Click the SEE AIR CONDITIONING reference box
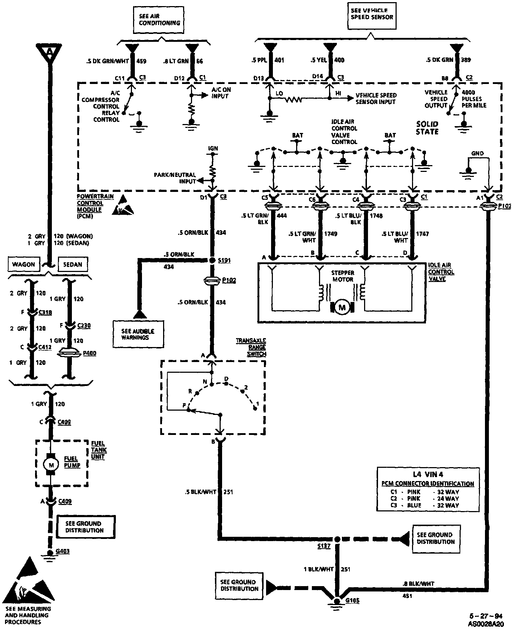pos(159,20)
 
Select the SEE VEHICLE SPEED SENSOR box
pos(372,14)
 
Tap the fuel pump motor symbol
pos(51,464)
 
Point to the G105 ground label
pos(352,600)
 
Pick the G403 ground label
pos(63,551)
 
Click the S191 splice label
pos(224,261)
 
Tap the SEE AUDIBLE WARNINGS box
pos(138,334)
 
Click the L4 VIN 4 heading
pos(428,475)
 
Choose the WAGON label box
pos(24,264)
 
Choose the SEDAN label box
pos(72,264)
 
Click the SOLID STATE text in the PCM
pos(427,128)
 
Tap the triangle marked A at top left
pos(50,53)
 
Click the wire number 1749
pos(330,234)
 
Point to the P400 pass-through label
pos(89,353)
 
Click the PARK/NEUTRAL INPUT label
pos(175,178)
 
